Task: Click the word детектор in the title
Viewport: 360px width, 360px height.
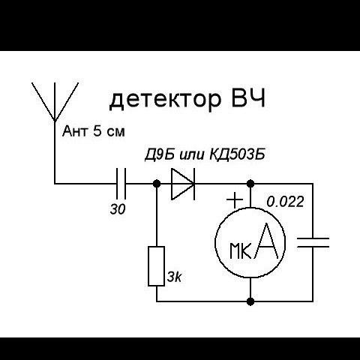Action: (166, 100)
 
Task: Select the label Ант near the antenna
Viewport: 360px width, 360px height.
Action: (75, 131)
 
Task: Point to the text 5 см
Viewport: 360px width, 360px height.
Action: (109, 131)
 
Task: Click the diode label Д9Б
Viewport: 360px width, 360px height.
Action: (160, 155)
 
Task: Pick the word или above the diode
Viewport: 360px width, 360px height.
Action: (191, 155)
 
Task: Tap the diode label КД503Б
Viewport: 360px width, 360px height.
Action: (237, 154)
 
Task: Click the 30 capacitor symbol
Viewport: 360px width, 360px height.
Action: (121, 184)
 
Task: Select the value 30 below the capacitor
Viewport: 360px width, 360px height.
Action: (118, 209)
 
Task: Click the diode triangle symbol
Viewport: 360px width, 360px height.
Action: (183, 184)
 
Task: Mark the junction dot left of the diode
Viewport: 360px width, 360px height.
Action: (157, 184)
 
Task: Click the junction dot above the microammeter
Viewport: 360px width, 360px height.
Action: (250, 184)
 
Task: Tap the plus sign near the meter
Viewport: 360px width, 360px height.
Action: (235, 199)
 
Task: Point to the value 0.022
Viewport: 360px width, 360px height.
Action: (285, 202)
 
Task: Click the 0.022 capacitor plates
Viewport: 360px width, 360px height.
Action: (313, 242)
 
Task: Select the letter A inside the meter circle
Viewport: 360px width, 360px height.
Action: (266, 241)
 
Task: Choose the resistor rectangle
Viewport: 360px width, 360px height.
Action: (157, 266)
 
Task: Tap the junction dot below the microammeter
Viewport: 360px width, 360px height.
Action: (250, 301)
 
